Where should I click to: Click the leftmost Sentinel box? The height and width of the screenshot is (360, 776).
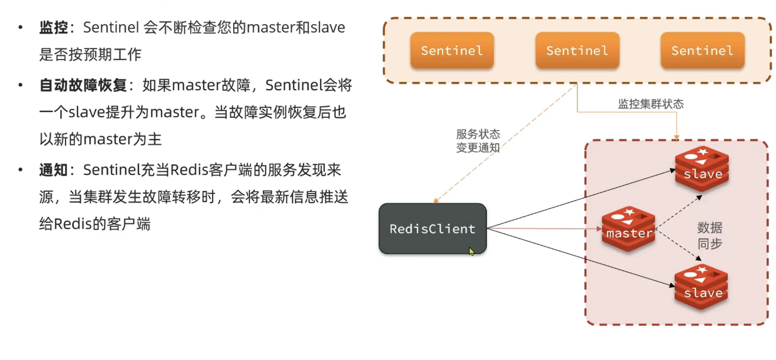(x=451, y=51)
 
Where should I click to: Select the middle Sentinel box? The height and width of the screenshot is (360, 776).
(x=577, y=51)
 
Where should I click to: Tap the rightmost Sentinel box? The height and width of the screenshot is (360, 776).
(x=702, y=51)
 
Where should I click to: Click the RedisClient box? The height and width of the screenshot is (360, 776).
(x=432, y=229)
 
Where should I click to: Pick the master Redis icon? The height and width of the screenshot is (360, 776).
(x=629, y=229)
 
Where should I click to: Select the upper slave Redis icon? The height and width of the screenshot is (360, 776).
(x=702, y=169)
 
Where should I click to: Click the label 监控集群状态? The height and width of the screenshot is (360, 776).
(x=650, y=104)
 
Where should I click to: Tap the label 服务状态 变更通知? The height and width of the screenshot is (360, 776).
(x=477, y=141)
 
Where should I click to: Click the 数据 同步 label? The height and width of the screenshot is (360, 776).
(x=709, y=236)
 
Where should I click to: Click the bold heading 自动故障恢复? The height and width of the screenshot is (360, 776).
(x=83, y=85)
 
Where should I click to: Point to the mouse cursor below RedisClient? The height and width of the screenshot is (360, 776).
(x=471, y=252)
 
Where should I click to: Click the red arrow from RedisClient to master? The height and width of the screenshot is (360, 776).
(x=542, y=229)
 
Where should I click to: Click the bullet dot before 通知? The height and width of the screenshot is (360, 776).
(x=21, y=171)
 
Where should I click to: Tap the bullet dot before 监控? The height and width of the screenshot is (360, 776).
(x=21, y=28)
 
